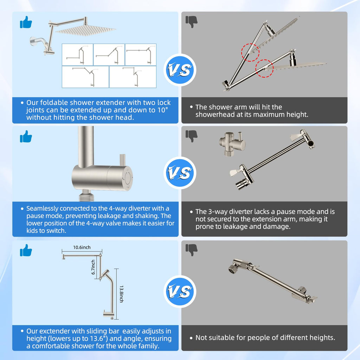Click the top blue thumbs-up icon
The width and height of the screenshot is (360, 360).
pyautogui.click(x=26, y=22)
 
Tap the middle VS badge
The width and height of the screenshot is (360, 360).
pyautogui.click(x=180, y=173)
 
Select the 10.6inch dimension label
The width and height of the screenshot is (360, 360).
pyautogui.click(x=82, y=247)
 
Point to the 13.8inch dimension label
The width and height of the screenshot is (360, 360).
pyautogui.click(x=121, y=294)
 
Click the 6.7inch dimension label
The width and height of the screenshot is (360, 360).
pyautogui.click(x=93, y=267)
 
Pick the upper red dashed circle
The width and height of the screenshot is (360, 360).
pyautogui.click(x=250, y=52)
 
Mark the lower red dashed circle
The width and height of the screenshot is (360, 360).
pyautogui.click(x=264, y=69)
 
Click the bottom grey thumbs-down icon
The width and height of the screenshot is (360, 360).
pyautogui.click(x=191, y=250)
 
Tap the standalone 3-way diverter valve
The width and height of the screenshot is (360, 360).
pyautogui.click(x=232, y=143)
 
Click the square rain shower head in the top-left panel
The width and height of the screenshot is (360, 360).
pyautogui.click(x=85, y=31)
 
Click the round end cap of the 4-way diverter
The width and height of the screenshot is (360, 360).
pyautogui.click(x=128, y=178)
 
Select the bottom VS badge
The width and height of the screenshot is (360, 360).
pyautogui.click(x=180, y=291)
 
